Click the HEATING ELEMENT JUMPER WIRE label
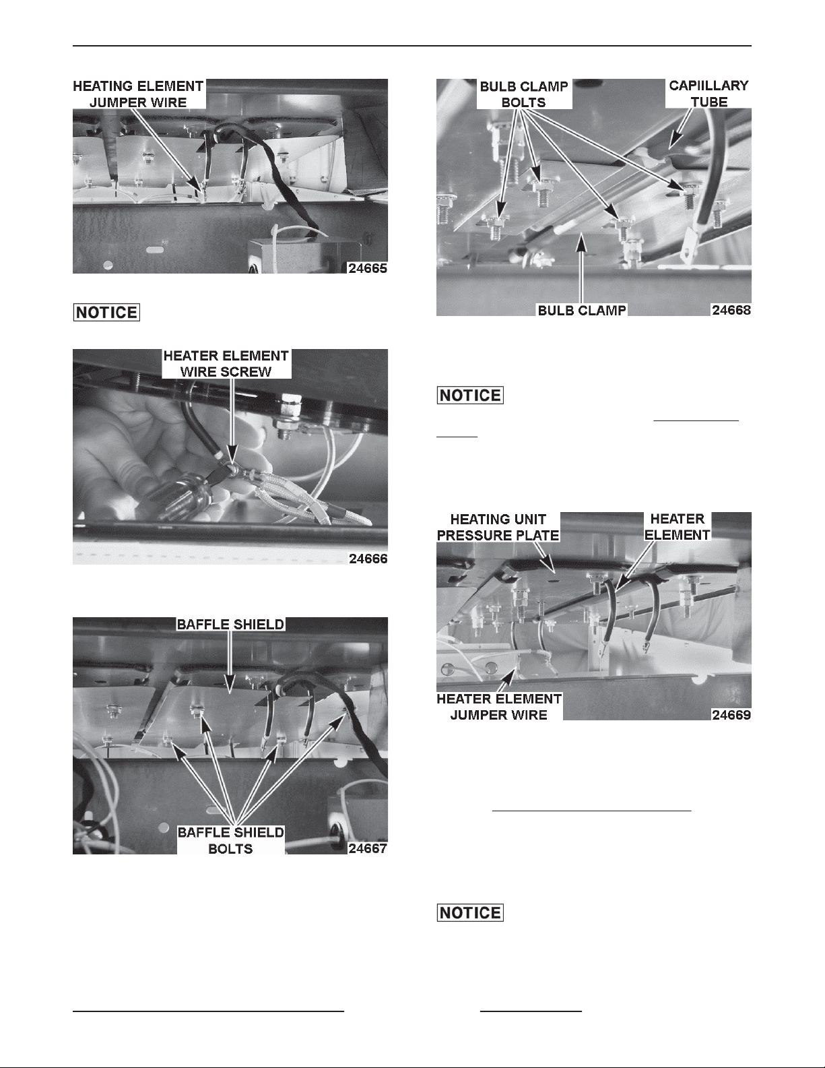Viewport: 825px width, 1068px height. pos(138,94)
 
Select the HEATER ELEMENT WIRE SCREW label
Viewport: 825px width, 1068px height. pos(226,363)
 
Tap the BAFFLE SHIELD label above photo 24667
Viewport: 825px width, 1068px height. pos(230,624)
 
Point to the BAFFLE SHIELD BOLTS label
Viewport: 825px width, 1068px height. pos(230,840)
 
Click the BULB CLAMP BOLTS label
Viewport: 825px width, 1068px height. pos(524,94)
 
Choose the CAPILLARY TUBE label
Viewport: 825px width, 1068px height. pos(708,94)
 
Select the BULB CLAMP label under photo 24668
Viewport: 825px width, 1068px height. pos(582,310)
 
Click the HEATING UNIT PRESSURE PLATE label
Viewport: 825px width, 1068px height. pos(498,527)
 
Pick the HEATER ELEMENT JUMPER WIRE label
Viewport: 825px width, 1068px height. pos(499,706)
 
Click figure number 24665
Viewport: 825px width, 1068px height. pos(367,268)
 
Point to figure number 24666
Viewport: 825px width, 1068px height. pos(368,559)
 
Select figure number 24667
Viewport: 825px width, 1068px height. pos(367,848)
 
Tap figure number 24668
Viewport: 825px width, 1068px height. pos(731,310)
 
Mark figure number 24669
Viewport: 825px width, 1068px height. pos(731,714)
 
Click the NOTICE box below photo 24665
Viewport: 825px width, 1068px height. pos(106,313)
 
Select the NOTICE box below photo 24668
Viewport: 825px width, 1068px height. pos(470,395)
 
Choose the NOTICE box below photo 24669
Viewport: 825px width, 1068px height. pos(470,913)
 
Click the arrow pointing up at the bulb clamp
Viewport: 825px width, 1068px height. pos(581,268)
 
